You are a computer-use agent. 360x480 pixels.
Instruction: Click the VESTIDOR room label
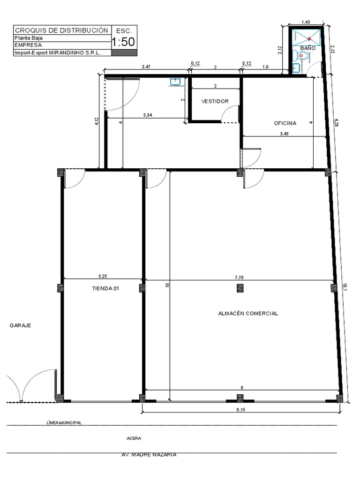pyautogui.click(x=215, y=101)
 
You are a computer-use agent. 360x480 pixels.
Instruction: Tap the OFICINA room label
pyautogui.click(x=285, y=123)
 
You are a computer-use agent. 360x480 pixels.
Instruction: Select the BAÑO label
pyautogui.click(x=307, y=48)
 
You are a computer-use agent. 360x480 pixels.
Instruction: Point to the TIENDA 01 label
pyautogui.click(x=105, y=289)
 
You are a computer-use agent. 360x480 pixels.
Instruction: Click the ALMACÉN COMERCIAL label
pyautogui.click(x=248, y=314)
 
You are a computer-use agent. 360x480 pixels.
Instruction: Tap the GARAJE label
pyautogui.click(x=20, y=325)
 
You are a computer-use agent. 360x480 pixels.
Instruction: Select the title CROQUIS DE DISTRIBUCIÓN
pyautogui.click(x=62, y=30)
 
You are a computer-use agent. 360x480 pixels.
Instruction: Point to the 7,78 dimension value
pyautogui.click(x=239, y=277)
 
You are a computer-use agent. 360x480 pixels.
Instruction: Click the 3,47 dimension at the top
pyautogui.click(x=146, y=67)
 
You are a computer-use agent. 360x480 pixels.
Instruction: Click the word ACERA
pyautogui.click(x=134, y=439)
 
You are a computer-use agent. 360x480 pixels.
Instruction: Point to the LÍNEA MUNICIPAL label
pyautogui.click(x=64, y=422)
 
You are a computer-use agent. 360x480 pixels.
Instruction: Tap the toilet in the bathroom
pyautogui.click(x=303, y=56)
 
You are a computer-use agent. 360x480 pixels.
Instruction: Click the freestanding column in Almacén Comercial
pyautogui.click(x=240, y=288)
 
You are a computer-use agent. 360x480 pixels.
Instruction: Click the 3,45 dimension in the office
pyautogui.click(x=285, y=134)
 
